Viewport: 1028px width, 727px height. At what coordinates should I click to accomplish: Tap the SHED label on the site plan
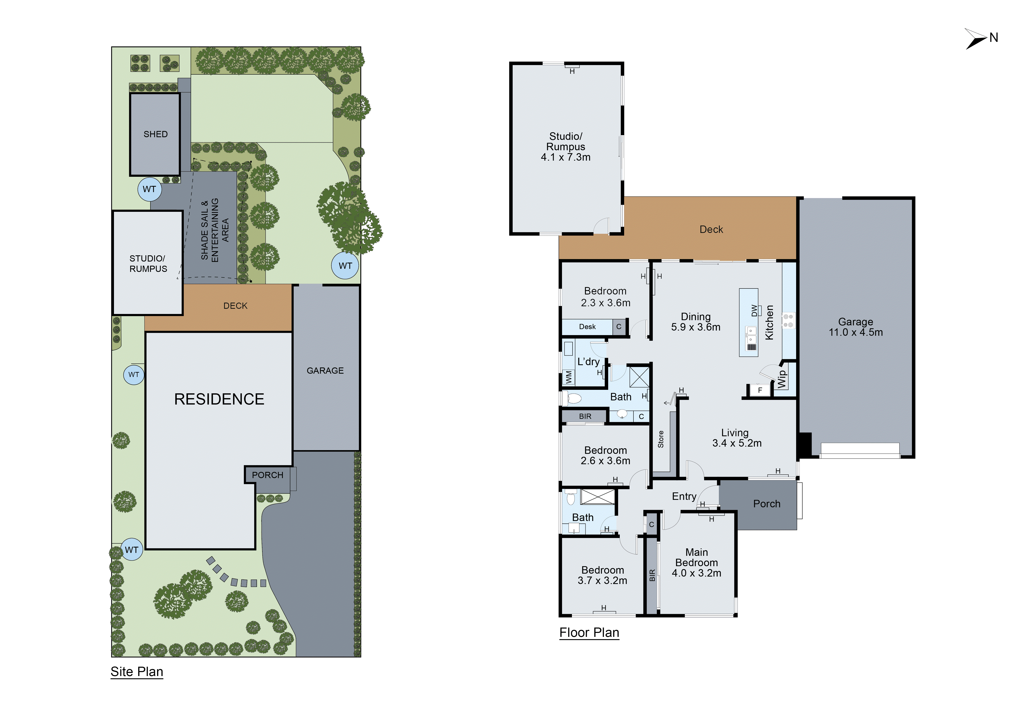(155, 134)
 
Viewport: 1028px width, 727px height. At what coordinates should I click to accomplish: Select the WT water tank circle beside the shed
(149, 189)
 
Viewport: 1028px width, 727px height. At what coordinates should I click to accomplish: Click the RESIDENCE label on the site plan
(219, 399)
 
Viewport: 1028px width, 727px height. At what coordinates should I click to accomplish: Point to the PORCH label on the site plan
(267, 475)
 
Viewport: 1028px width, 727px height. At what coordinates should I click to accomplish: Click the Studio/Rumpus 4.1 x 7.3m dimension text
(565, 147)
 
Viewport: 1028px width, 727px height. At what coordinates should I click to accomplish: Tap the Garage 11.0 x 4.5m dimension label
(855, 327)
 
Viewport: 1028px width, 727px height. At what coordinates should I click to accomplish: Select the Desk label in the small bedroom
(587, 327)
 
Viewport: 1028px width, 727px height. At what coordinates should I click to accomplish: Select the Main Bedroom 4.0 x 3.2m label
(696, 563)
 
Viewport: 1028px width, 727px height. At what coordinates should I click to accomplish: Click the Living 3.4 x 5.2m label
(736, 438)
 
